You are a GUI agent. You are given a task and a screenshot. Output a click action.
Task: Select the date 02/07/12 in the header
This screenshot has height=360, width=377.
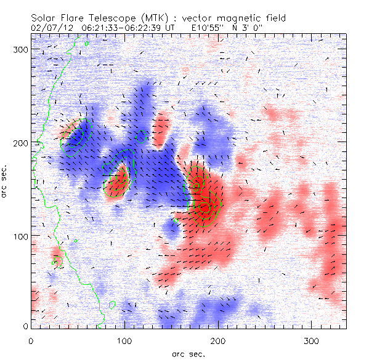coord(48,28)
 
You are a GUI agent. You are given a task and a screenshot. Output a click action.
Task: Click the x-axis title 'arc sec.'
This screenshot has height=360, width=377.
coord(188,353)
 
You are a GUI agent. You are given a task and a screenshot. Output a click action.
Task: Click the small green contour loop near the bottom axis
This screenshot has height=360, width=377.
coord(112,304)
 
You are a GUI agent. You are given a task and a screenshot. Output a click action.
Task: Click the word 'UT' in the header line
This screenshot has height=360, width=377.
coord(170,28)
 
